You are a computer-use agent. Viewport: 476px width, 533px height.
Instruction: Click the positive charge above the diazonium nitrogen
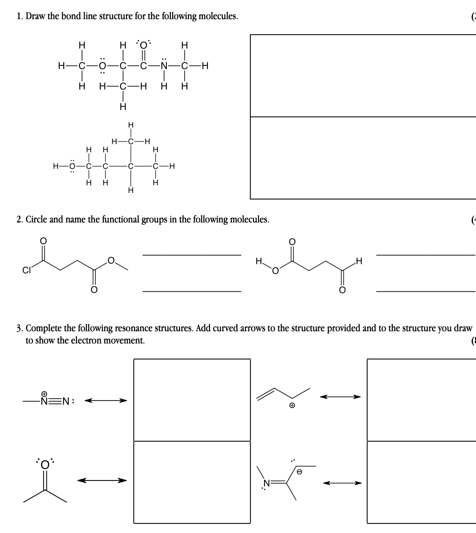click(44, 394)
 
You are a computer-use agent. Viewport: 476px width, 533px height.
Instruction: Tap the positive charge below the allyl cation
click(292, 405)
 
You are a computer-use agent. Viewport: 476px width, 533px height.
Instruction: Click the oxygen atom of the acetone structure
click(45, 464)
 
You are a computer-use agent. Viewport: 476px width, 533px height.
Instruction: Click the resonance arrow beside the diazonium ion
click(105, 401)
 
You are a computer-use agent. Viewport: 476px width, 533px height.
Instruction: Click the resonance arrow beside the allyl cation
click(341, 397)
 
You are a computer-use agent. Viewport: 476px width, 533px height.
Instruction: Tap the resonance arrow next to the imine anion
click(342, 483)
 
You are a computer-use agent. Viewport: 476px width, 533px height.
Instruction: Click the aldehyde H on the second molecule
click(358, 262)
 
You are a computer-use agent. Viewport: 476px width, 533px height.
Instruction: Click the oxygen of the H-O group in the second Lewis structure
click(72, 166)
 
